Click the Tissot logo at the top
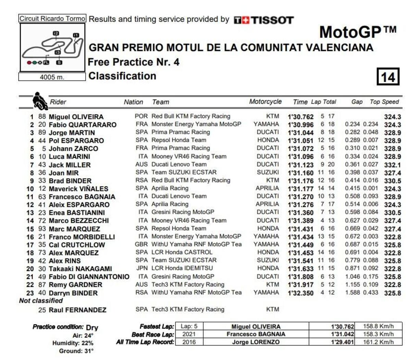click(264, 20)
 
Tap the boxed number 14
click(388, 77)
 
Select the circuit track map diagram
click(52, 48)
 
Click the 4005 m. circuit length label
click(52, 77)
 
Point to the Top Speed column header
click(384, 102)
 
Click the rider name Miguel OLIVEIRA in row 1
click(76, 117)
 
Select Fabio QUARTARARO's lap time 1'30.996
click(300, 125)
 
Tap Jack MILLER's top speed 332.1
click(392, 165)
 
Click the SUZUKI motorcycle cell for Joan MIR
click(268, 172)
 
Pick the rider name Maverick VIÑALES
click(78, 189)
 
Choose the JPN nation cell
click(142, 268)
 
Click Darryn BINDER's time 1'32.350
click(300, 293)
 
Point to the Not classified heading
click(41, 301)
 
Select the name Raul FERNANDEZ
click(77, 310)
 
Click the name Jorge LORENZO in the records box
click(256, 342)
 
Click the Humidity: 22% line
click(73, 343)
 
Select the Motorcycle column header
click(265, 102)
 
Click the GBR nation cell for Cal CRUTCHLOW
click(141, 244)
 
